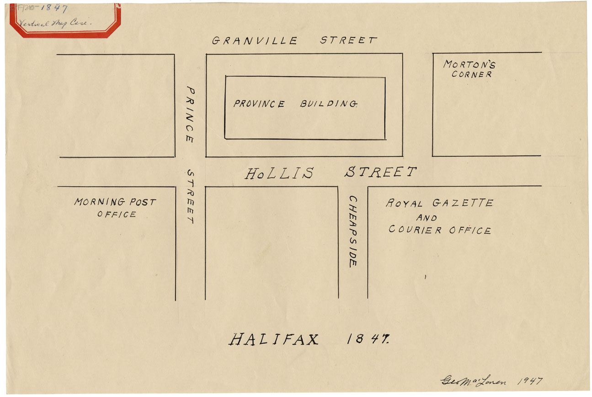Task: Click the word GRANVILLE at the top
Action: click(x=255, y=41)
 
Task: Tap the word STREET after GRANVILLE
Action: click(x=348, y=40)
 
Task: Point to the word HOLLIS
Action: click(x=279, y=174)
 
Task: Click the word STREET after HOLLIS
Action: click(x=380, y=172)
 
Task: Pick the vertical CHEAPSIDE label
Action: click(x=353, y=231)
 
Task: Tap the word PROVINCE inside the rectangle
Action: click(x=259, y=104)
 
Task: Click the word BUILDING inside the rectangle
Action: click(x=328, y=104)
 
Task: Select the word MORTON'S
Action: click(x=469, y=65)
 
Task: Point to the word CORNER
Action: click(x=472, y=74)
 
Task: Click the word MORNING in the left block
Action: click(x=100, y=202)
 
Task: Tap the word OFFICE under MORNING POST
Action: click(x=117, y=214)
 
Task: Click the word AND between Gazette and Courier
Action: click(x=426, y=218)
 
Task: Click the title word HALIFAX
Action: click(x=273, y=340)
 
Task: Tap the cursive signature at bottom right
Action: click(x=474, y=381)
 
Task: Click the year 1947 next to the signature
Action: click(x=530, y=381)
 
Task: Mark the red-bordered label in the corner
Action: click(x=65, y=19)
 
